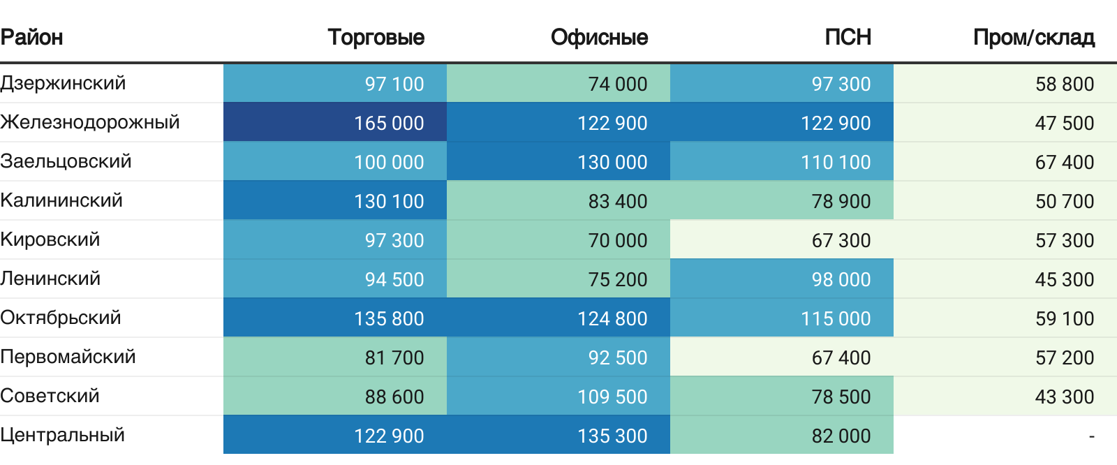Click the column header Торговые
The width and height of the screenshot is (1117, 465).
376,37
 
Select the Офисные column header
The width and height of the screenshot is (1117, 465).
599,37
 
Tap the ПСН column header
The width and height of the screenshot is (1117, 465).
848,37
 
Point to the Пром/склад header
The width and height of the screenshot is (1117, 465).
1033,37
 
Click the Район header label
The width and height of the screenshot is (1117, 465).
31,37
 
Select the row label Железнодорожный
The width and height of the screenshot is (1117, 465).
90,122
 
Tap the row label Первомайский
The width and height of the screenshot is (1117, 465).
68,357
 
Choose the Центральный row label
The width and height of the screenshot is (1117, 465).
63,435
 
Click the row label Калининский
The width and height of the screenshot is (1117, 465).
61,200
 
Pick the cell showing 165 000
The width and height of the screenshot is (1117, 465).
389,123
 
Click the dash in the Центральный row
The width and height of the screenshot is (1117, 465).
1091,436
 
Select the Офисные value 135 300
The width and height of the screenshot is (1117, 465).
612,436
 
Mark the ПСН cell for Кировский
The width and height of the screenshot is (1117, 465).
841,240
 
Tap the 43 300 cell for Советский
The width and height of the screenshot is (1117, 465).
1064,397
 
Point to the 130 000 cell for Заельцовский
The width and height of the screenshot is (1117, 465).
612,162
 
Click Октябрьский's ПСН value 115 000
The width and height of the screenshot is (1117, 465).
836,318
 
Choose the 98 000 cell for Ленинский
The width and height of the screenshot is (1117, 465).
841,279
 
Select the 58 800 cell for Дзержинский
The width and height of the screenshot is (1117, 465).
1064,84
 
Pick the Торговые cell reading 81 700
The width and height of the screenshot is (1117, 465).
394,357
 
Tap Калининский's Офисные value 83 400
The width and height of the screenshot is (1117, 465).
617,201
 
